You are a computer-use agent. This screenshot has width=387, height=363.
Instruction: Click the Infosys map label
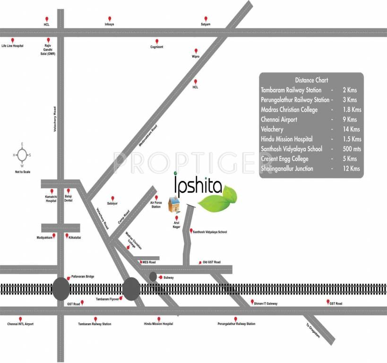[x=109, y=24]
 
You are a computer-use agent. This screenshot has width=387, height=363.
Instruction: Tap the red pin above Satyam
[x=205, y=18]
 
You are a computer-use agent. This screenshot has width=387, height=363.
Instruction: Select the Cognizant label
[x=156, y=47]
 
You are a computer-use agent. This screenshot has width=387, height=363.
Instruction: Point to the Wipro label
[x=195, y=56]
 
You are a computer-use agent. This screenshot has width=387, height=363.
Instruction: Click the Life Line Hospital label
[x=12, y=46]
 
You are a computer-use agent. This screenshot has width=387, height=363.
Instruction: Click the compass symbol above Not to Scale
[x=21, y=155]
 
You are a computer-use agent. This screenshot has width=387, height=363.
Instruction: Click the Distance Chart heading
[x=311, y=80]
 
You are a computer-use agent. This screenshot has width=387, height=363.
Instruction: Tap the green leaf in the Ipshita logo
[x=218, y=198]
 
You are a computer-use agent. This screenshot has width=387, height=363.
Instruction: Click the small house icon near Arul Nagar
[x=175, y=204]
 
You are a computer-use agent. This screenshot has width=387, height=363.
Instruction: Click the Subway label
[x=169, y=277]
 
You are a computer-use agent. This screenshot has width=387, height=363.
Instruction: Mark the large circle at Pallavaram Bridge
[x=61, y=289]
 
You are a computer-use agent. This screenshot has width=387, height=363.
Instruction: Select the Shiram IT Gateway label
[x=267, y=302]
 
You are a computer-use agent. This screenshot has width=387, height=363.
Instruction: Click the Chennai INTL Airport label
[x=20, y=324]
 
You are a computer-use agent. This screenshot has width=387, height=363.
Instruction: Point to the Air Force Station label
[x=155, y=205]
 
